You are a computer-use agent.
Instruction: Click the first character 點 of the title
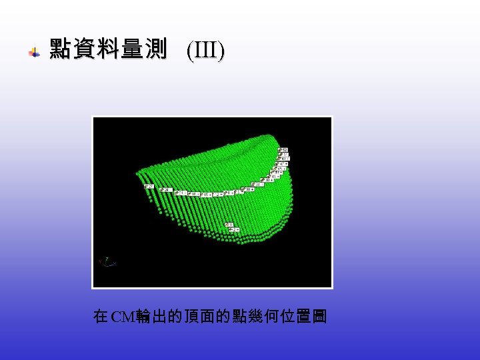click(61, 49)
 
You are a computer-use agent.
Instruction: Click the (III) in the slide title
click(205, 50)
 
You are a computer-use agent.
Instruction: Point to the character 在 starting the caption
click(101, 316)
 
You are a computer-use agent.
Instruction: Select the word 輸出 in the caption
click(151, 316)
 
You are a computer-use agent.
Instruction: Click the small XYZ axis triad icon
click(107, 262)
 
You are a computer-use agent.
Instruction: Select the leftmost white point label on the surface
click(149, 186)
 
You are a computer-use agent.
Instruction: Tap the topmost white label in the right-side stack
click(283, 149)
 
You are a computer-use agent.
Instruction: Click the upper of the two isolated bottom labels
click(229, 225)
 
